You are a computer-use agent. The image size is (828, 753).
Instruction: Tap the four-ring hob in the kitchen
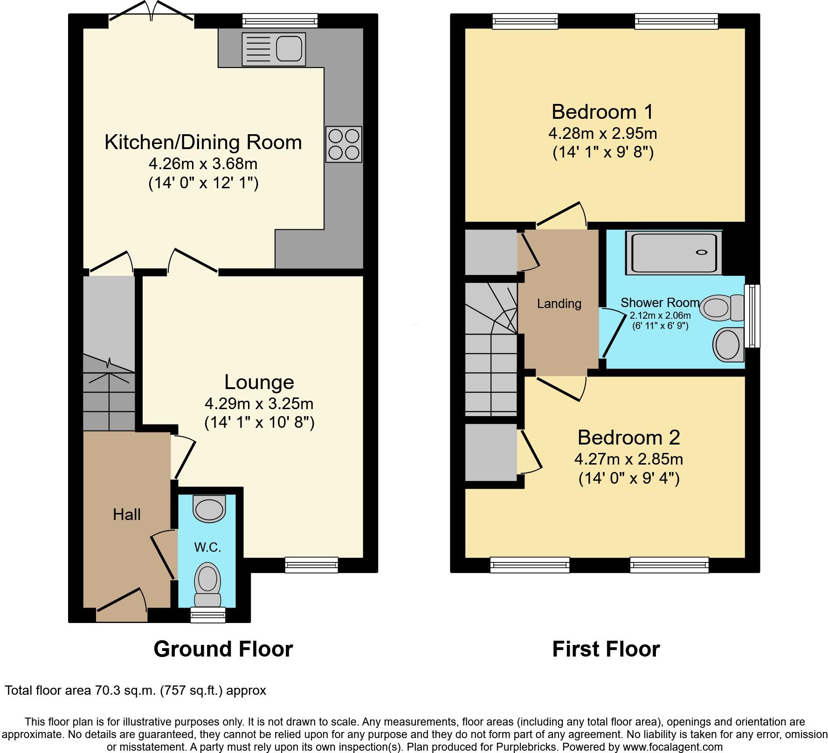click(x=344, y=144)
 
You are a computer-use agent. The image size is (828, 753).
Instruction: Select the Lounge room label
click(x=259, y=382)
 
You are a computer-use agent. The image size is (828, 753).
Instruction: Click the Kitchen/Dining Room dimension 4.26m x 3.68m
click(x=203, y=164)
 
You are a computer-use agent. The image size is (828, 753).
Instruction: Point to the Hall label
click(x=126, y=514)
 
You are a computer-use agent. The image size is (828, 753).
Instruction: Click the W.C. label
click(x=207, y=548)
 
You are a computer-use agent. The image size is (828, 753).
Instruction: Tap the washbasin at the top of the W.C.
click(x=209, y=509)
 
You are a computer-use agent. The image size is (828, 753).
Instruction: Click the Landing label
click(x=559, y=304)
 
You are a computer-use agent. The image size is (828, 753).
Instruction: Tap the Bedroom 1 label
click(x=602, y=112)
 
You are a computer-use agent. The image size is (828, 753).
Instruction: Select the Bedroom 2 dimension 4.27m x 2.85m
click(x=628, y=459)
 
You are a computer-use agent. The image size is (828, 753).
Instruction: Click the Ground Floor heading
click(x=223, y=649)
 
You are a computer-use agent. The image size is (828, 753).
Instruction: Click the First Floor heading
click(x=606, y=649)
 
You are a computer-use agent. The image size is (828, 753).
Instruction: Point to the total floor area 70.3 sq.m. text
click(x=135, y=690)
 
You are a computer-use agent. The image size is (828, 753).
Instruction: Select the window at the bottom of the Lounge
click(x=311, y=565)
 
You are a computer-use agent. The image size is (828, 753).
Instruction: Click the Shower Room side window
click(x=752, y=316)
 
